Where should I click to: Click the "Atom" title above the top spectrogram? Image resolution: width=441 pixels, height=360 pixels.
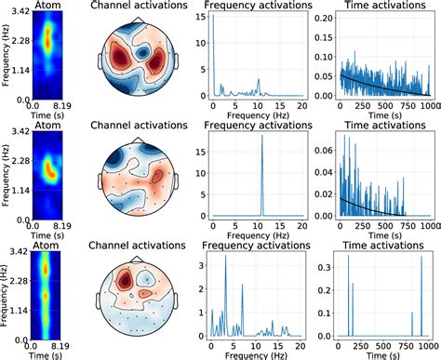click(48, 7)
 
